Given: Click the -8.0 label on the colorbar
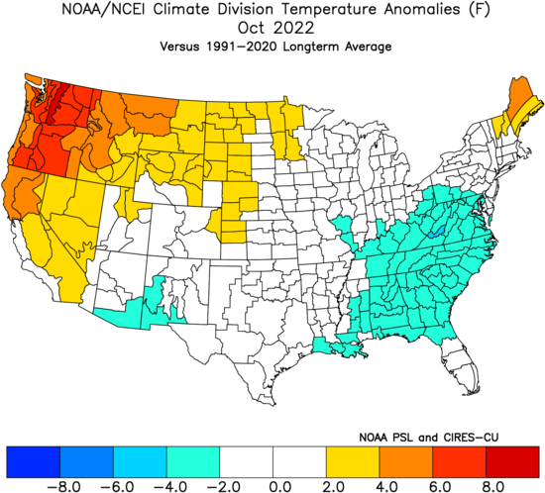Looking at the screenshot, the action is pos(63,486).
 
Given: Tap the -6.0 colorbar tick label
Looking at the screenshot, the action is pos(117,486).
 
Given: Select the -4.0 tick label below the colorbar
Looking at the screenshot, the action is pos(170,486).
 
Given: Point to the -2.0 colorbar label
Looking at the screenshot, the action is pos(224,486).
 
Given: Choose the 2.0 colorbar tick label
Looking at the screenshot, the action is pos(335,486).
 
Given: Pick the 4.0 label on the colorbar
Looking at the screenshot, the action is pos(388,486).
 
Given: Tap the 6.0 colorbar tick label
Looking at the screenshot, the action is pos(442,486).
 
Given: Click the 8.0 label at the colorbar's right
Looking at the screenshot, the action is pos(494,486).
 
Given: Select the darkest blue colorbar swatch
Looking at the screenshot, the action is pos(34,462).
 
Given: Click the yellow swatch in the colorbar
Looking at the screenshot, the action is pos(353,462).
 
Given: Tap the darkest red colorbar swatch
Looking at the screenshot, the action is pos(512,462).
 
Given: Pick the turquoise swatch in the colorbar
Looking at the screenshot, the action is pos(193,462).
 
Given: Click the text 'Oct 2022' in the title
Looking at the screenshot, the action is pos(275,28).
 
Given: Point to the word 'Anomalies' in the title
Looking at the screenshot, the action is pos(422,9).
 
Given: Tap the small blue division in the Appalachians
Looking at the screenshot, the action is pos(437,232).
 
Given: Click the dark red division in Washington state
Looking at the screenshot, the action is pos(57,102).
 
